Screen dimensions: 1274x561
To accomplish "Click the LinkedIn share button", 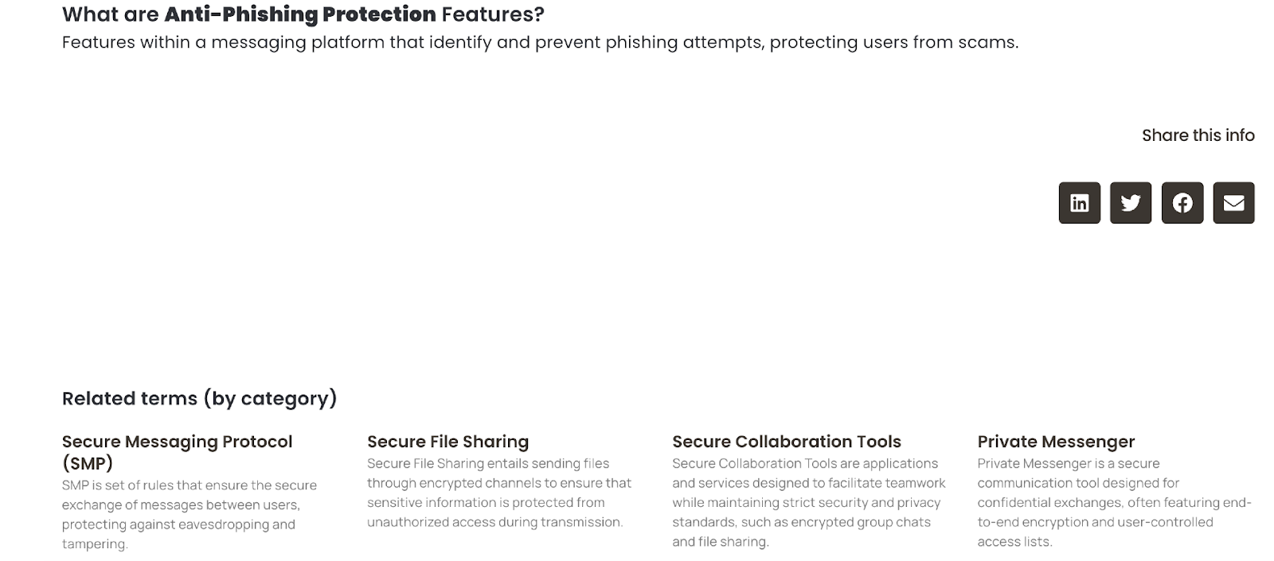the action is [1079, 203].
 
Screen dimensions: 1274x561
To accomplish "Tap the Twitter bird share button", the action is [1131, 203].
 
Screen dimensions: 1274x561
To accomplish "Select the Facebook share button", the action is [1182, 203].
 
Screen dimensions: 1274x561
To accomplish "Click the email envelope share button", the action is [1233, 203].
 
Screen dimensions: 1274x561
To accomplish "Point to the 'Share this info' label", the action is [1198, 135].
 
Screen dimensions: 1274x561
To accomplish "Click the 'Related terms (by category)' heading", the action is [200, 399].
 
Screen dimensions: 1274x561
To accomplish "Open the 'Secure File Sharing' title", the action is [447, 442].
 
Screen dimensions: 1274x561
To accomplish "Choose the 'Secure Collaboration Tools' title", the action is [787, 442].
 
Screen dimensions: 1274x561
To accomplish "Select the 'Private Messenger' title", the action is [1056, 442].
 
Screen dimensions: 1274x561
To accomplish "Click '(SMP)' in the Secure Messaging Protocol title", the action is [88, 464].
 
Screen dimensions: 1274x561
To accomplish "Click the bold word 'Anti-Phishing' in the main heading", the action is [240, 15].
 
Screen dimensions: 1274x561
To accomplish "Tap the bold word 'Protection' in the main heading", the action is [379, 14].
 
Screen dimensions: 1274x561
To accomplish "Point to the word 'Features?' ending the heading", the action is [493, 14].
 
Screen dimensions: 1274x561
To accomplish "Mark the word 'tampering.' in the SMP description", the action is [95, 544].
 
